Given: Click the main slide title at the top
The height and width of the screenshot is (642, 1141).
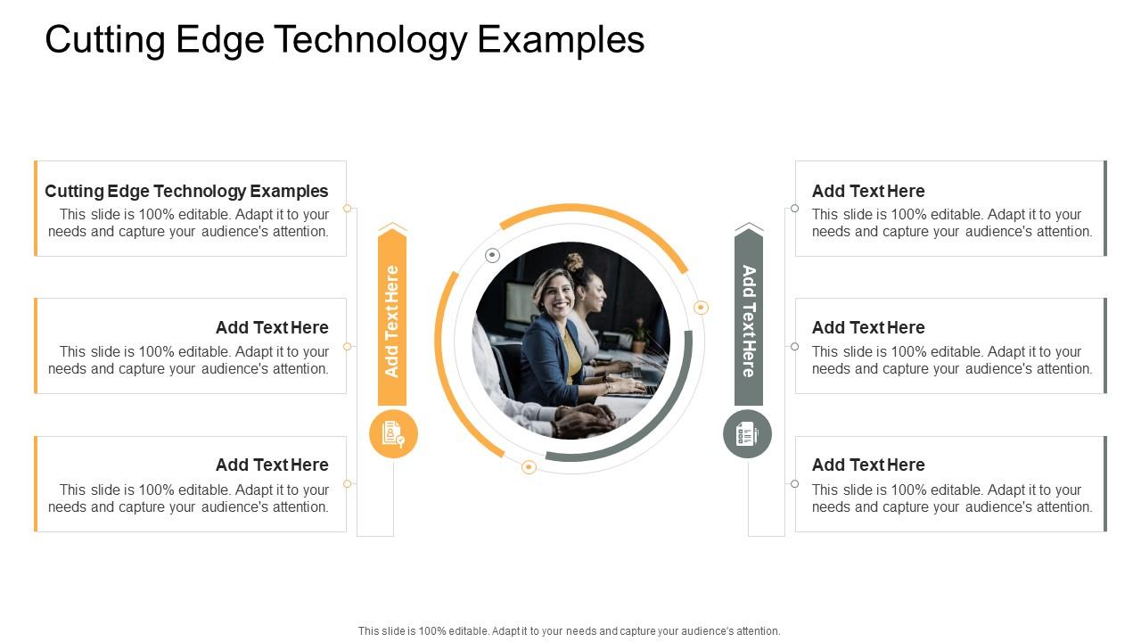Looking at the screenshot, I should (x=344, y=40).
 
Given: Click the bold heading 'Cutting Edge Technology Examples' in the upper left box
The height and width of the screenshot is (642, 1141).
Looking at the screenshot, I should (x=186, y=191).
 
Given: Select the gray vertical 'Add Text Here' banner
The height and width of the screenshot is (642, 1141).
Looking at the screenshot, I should (x=749, y=320).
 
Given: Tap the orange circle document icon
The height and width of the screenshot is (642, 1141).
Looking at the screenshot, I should (x=393, y=434).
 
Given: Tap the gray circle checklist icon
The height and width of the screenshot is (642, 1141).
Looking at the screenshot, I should (x=747, y=434).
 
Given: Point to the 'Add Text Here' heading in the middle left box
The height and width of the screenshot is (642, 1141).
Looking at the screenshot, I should (x=272, y=327).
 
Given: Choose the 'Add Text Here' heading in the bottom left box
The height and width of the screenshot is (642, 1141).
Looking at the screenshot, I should (x=272, y=465).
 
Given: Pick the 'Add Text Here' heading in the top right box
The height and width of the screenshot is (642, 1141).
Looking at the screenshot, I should (x=868, y=191).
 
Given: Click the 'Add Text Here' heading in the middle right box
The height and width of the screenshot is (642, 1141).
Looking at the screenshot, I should (x=868, y=327).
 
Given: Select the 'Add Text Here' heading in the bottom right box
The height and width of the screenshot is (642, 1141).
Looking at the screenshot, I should (x=868, y=465).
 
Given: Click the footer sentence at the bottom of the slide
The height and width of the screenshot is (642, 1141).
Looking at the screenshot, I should (x=569, y=630).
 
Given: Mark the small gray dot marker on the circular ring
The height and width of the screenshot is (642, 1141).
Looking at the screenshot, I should (x=492, y=256).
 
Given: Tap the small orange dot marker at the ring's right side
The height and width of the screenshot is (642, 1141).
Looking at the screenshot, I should (x=702, y=308).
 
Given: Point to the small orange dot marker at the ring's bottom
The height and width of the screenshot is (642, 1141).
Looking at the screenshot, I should (x=529, y=467).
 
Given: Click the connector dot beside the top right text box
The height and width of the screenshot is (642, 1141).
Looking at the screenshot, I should (x=794, y=209).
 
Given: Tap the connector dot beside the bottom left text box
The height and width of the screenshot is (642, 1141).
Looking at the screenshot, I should (x=348, y=483).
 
